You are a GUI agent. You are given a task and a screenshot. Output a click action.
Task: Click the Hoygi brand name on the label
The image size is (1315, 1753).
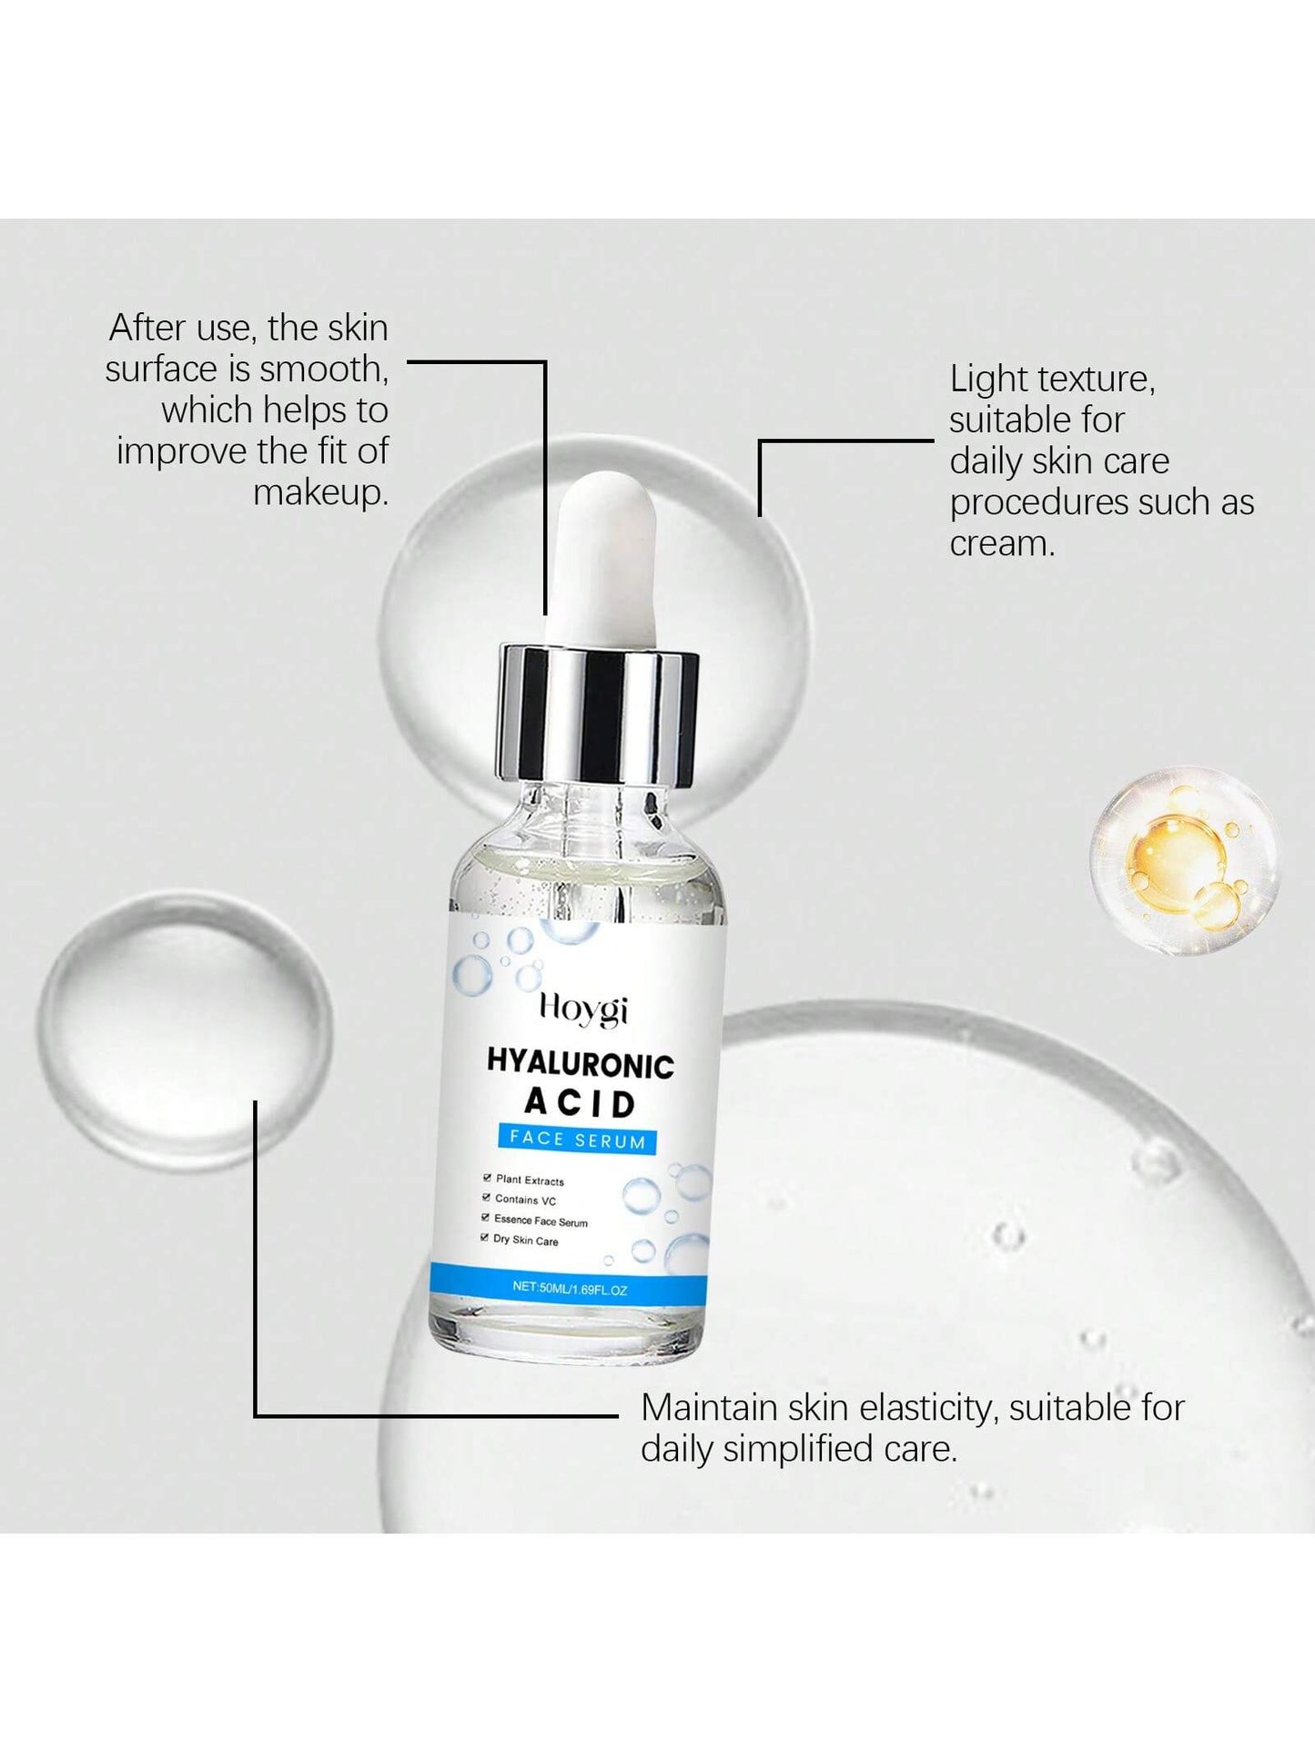coord(583,1009)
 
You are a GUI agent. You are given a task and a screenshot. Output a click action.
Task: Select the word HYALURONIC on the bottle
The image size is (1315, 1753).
coord(581,1063)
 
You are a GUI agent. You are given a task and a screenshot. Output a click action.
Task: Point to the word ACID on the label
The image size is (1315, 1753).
coord(580,1102)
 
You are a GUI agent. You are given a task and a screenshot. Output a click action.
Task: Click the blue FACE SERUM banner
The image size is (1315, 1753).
coord(577,1139)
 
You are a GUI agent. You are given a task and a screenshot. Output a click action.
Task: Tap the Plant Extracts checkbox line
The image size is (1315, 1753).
coord(523,1180)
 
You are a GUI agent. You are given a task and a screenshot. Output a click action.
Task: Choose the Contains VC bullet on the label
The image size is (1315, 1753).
coord(519,1200)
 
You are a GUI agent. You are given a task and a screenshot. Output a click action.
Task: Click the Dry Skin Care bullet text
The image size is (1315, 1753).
coord(519,1240)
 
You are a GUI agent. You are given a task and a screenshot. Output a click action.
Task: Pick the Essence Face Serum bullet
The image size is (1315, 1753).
coord(534,1220)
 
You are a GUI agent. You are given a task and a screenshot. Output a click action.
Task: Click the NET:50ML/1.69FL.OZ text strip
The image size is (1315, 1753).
coord(570,1288)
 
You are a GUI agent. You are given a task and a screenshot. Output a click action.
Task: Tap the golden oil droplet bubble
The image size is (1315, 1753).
coord(1185,861)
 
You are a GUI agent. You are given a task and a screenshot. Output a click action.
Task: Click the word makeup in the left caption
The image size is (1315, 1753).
coord(320,493)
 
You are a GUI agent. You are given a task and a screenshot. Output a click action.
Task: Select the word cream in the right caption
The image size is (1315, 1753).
coord(1002,544)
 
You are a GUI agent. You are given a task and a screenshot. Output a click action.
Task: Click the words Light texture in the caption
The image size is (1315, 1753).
coord(1052,380)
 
